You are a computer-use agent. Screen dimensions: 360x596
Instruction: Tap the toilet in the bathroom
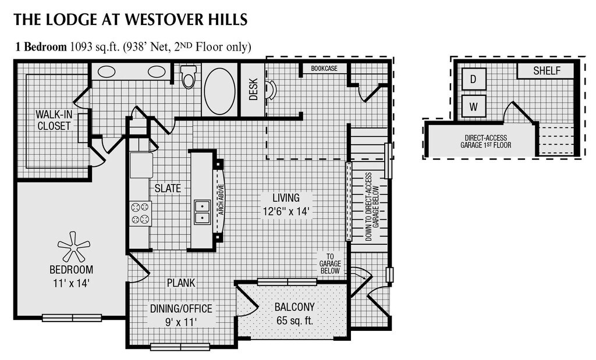coord(188,77)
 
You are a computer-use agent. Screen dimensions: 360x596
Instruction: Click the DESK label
coord(253,90)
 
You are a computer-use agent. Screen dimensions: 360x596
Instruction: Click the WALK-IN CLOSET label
coord(53,120)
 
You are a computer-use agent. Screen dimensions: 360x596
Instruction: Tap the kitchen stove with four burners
coord(141,213)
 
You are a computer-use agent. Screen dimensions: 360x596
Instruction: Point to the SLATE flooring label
coord(167,188)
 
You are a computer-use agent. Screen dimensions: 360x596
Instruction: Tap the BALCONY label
coord(295,307)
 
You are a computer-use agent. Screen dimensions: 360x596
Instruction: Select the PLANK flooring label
coord(181,283)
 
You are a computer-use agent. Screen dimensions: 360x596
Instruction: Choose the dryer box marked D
coord(474,79)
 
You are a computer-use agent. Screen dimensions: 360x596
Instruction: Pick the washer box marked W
coord(474,106)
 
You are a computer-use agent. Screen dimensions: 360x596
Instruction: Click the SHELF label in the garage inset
coord(547,71)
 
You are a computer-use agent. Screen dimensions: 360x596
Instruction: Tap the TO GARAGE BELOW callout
coord(330,263)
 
